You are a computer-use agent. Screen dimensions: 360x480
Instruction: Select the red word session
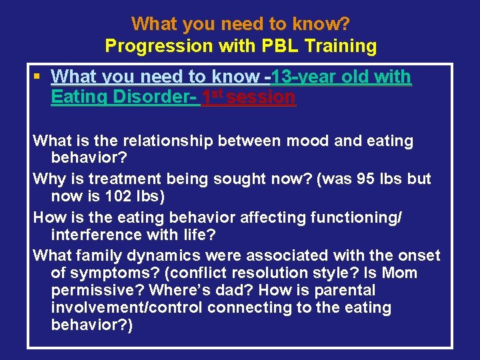261,97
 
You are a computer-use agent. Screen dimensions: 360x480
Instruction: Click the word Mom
399,273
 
